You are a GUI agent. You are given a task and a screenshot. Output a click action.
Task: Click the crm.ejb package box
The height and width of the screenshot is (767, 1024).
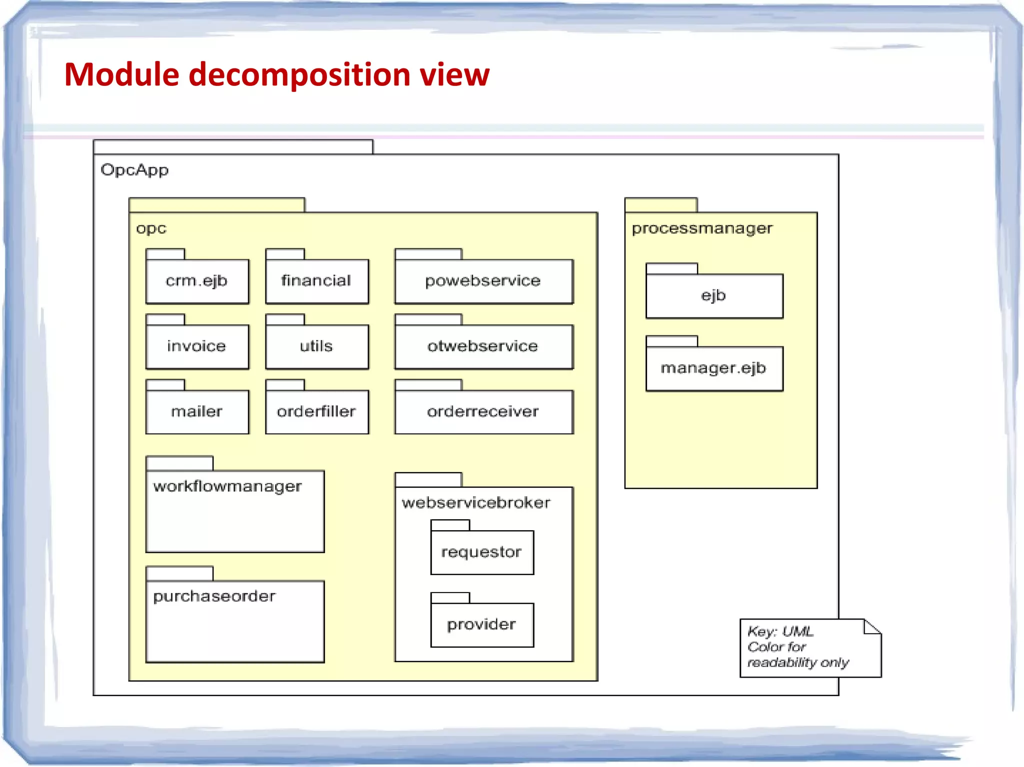click(197, 281)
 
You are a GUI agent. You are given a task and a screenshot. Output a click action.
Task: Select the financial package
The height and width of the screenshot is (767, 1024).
click(316, 281)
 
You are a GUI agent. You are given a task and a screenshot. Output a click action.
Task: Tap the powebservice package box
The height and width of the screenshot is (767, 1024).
click(483, 281)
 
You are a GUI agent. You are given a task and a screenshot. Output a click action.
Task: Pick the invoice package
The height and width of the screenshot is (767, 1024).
click(197, 346)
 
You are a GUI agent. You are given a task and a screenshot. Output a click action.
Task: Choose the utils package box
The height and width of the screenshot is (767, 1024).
click(316, 346)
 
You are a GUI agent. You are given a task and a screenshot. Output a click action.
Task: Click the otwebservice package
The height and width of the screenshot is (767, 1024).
click(483, 346)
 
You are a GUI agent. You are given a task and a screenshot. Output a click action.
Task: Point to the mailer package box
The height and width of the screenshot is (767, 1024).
click(197, 412)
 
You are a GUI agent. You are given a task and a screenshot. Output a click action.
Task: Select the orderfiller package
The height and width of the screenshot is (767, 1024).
click(316, 412)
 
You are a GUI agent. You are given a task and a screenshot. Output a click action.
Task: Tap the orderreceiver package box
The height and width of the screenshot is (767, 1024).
click(483, 412)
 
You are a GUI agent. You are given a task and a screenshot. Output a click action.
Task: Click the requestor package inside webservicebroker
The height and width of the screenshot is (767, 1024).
click(481, 552)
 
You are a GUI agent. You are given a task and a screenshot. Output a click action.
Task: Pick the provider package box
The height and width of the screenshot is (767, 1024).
click(481, 625)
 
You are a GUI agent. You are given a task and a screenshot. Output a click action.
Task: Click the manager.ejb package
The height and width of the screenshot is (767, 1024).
click(713, 368)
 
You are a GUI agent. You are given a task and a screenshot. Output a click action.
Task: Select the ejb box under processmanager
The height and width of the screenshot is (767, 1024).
click(713, 296)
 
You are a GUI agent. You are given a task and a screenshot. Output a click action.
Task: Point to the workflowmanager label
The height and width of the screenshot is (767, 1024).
click(227, 487)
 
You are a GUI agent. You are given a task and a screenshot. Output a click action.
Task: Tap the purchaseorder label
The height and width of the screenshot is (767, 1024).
click(214, 596)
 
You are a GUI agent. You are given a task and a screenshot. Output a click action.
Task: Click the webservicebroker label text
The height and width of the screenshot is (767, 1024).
click(476, 503)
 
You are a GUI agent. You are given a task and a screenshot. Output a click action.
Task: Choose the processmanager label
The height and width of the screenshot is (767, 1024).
click(702, 228)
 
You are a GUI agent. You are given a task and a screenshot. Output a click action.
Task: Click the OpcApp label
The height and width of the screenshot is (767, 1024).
click(134, 170)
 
